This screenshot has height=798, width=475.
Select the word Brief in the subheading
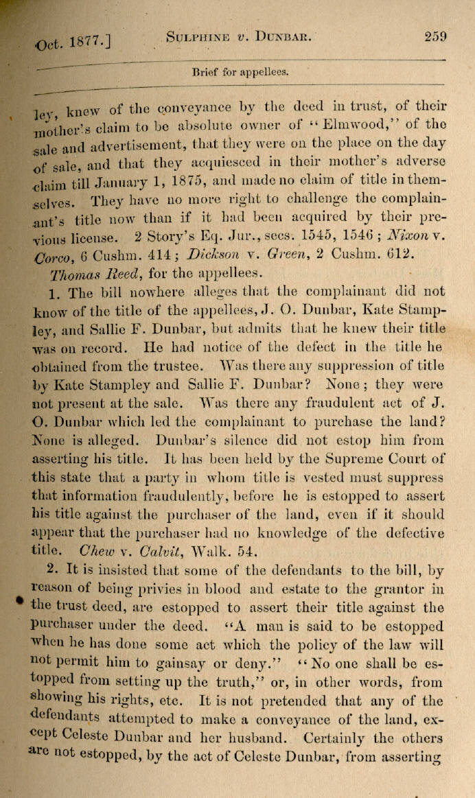[x=205, y=71]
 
